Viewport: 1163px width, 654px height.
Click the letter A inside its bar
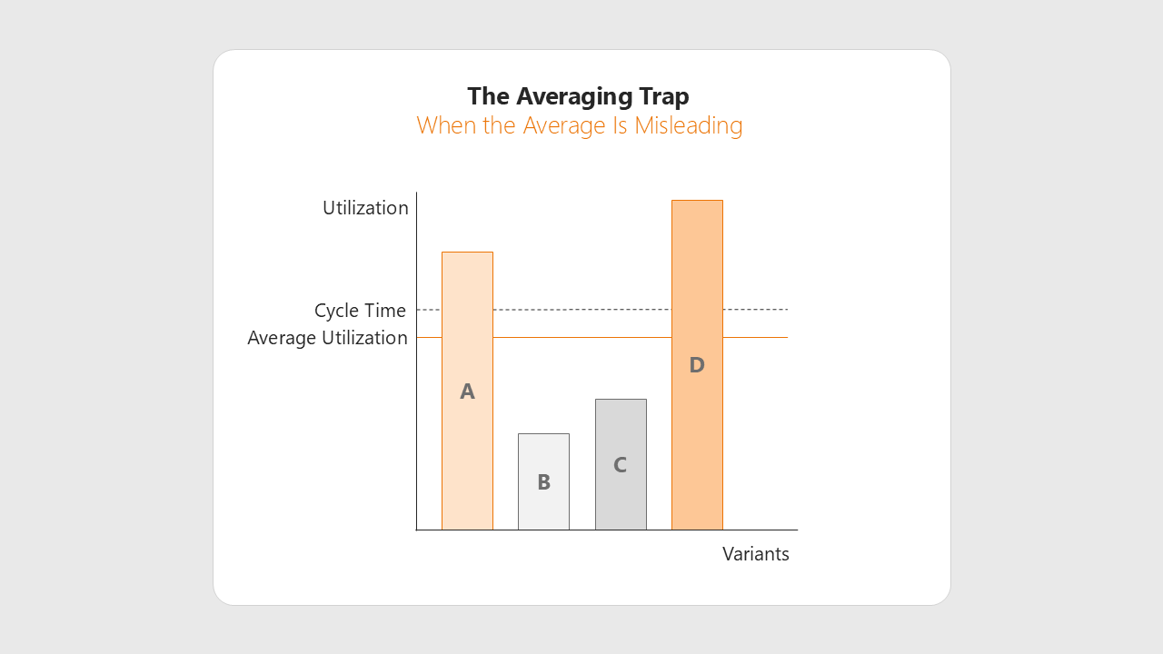pos(467,391)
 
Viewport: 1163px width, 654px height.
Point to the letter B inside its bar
pos(543,482)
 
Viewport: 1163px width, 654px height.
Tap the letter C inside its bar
pos(620,465)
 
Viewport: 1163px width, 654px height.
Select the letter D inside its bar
pos(697,365)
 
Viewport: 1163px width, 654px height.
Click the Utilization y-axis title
pos(365,208)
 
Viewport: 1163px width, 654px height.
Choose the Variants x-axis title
pos(755,554)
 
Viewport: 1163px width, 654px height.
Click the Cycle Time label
pos(360,311)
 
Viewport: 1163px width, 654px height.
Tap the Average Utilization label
pos(327,338)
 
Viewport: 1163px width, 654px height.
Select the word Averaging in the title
pos(573,97)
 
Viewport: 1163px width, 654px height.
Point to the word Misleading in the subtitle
pos(689,126)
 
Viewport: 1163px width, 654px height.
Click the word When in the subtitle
pos(447,125)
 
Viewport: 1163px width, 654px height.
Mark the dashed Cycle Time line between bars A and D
pos(582,310)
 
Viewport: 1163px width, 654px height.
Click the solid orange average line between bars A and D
pos(582,337)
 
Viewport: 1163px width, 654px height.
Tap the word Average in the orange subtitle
pos(564,126)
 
